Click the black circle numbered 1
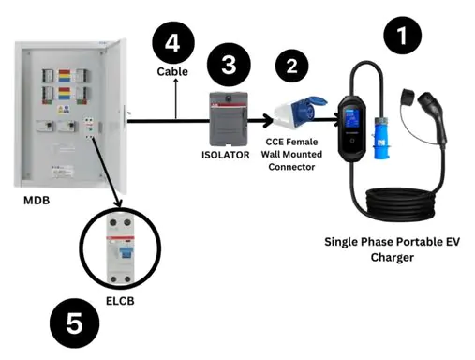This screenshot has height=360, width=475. (402, 36)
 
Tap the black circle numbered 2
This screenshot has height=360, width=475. (292, 66)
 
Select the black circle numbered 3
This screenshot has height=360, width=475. (229, 65)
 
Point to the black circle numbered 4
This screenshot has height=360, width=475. (173, 42)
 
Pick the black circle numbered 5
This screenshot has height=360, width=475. (75, 323)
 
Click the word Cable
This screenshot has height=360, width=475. (172, 71)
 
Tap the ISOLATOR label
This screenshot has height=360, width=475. (226, 155)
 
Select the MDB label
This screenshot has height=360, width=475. (37, 201)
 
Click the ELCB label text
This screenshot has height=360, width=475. (120, 301)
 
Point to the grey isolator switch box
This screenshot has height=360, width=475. (229, 119)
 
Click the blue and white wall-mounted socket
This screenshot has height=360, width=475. (299, 112)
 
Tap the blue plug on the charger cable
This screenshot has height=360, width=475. (381, 138)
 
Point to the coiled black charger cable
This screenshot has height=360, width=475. (401, 203)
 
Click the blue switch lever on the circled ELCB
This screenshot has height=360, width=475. (126, 252)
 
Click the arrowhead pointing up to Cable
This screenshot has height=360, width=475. (176, 81)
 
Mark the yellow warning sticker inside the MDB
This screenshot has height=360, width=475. (61, 110)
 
